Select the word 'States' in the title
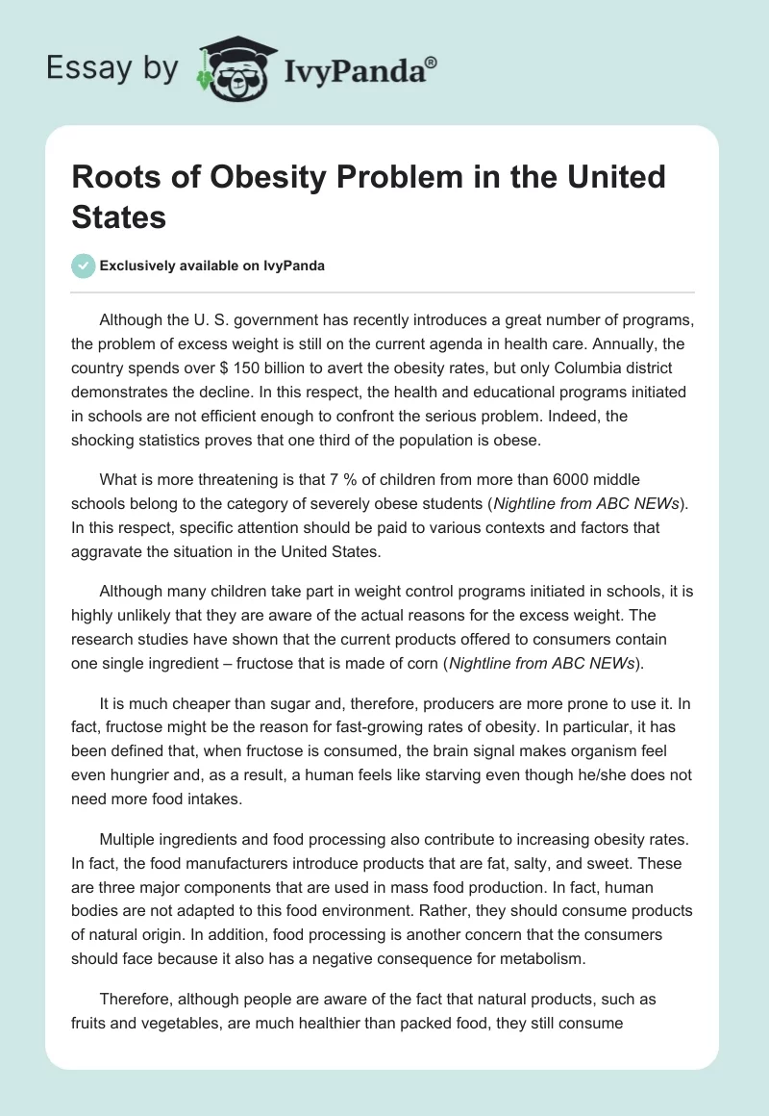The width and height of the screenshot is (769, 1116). pos(119,216)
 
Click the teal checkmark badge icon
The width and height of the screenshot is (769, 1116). pos(84,266)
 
